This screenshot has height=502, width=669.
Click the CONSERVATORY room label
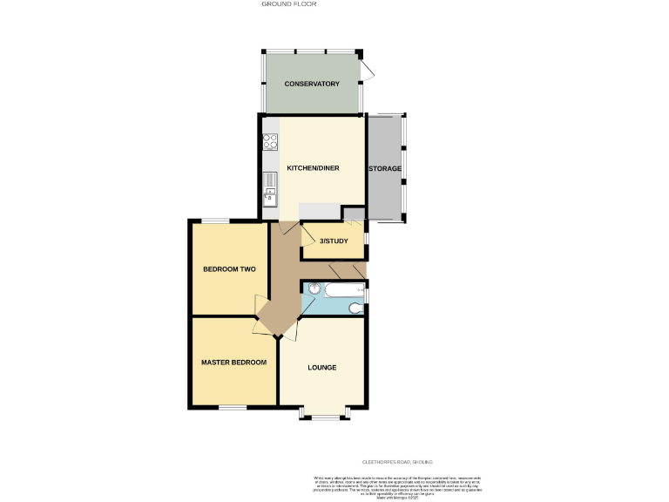(311, 84)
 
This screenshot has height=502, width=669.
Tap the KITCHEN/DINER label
(313, 168)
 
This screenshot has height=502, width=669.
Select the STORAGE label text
(385, 168)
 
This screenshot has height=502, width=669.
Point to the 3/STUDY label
(334, 241)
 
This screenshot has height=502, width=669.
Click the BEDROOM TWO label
(229, 269)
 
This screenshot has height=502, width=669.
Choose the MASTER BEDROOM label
(233, 362)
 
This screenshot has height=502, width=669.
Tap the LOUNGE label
(321, 367)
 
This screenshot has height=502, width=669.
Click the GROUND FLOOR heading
(288, 4)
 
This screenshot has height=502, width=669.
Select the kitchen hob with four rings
(270, 143)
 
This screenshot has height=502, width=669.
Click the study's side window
(366, 238)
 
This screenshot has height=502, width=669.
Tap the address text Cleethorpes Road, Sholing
(397, 462)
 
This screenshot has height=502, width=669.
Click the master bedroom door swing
(259, 327)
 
